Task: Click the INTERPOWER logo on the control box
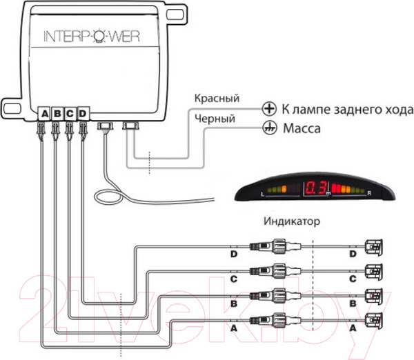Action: pyautogui.click(x=91, y=37)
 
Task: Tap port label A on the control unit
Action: pyautogui.click(x=45, y=112)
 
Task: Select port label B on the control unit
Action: pyautogui.click(x=57, y=112)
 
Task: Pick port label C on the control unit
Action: pyautogui.click(x=70, y=112)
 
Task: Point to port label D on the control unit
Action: pyautogui.click(x=83, y=112)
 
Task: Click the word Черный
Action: pyautogui.click(x=216, y=118)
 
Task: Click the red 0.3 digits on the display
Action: pyautogui.click(x=317, y=188)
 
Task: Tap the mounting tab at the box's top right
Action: pyautogui.click(x=181, y=14)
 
